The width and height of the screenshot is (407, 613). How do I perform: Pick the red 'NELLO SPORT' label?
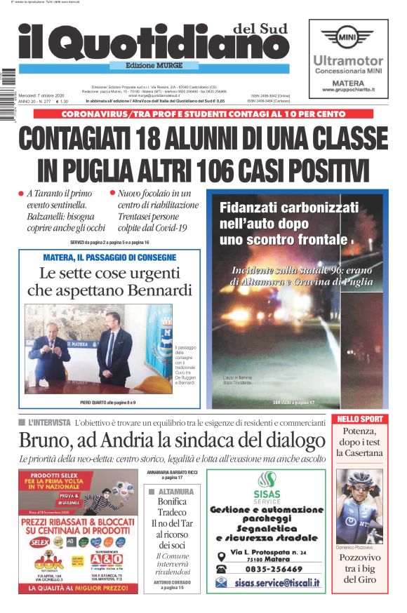click(360, 419)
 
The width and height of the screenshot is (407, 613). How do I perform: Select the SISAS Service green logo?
click(265, 485)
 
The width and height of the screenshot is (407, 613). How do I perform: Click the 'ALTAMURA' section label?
click(176, 492)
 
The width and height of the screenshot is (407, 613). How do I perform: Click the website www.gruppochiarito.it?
click(348, 90)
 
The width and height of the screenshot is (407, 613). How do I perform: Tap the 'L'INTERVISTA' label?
click(49, 423)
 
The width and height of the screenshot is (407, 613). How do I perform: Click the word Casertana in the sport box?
click(360, 453)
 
